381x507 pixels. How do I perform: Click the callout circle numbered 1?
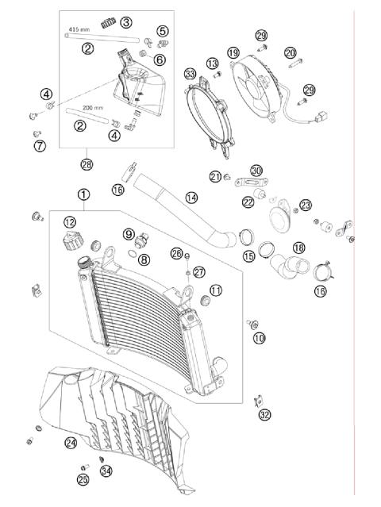[84, 194]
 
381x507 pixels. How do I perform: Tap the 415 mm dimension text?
[79, 29]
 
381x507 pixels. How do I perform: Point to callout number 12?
[70, 221]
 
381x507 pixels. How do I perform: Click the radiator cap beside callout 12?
[71, 240]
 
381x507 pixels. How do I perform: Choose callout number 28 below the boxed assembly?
[86, 164]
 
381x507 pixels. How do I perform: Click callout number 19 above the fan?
[233, 52]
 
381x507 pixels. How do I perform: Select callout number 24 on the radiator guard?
[71, 442]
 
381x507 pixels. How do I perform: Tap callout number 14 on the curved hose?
[190, 196]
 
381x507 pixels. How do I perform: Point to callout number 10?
[259, 338]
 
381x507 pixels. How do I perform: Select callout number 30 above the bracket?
[256, 171]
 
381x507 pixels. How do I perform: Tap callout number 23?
[306, 205]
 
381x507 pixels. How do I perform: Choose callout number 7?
[39, 146]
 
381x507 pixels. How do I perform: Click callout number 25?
[83, 478]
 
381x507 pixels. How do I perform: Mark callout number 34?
[106, 471]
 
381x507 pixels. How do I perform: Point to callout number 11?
[216, 290]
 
